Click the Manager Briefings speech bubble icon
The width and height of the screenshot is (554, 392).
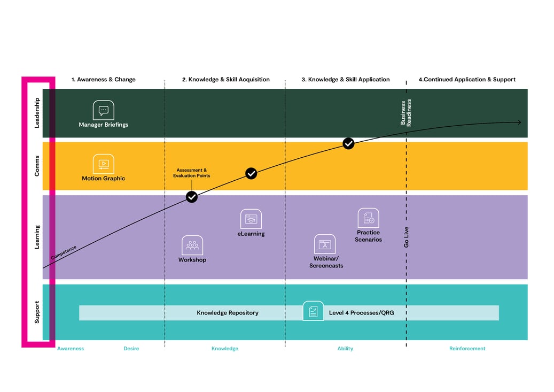click(x=104, y=110)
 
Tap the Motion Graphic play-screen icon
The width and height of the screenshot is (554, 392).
click(x=104, y=164)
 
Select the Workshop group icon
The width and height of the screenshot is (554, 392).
click(x=192, y=245)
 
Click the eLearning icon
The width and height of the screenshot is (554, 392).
click(x=251, y=219)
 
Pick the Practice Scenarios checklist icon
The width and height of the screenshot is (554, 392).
click(x=368, y=218)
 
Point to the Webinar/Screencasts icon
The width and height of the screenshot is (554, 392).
click(x=325, y=244)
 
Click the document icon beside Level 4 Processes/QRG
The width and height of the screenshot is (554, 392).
click(x=313, y=311)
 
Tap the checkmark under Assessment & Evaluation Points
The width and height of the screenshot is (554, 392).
click(x=191, y=197)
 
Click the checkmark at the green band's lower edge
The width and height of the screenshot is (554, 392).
click(x=348, y=143)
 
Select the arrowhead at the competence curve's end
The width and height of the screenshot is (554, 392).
click(x=519, y=122)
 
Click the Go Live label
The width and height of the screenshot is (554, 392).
click(x=407, y=237)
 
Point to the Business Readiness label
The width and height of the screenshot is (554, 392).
click(x=405, y=112)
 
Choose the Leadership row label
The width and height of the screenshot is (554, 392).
click(x=37, y=113)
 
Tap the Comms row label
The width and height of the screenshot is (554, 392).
click(x=37, y=166)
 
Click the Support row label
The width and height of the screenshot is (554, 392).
click(x=37, y=312)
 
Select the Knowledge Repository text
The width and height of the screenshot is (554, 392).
click(x=228, y=313)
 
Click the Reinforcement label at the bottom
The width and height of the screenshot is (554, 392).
click(x=467, y=349)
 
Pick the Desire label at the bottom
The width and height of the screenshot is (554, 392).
click(x=131, y=349)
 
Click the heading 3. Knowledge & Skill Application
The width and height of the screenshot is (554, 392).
click(x=346, y=80)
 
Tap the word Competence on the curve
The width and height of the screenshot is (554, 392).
click(x=64, y=252)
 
